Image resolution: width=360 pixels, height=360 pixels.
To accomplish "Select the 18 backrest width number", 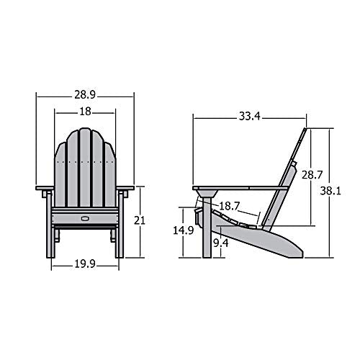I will pyautogui.click(x=85, y=112).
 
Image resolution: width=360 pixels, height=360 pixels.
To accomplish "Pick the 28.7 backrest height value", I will pyautogui.click(x=311, y=174).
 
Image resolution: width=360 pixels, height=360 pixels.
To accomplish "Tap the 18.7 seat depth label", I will pyautogui.click(x=229, y=206).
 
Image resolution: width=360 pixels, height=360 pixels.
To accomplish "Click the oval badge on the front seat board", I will pyautogui.click(x=85, y=216).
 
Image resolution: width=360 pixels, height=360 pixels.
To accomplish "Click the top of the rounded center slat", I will pyautogui.click(x=85, y=130).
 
